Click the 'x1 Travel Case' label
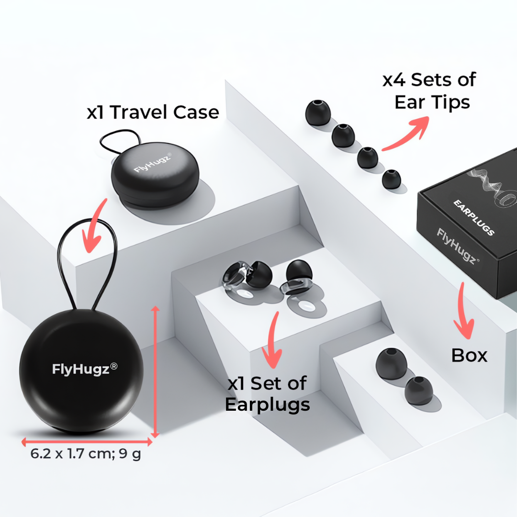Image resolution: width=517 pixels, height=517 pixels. tap(153, 112)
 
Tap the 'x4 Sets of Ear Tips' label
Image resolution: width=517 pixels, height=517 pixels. tap(429, 91)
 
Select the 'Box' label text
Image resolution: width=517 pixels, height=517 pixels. tap(469, 356)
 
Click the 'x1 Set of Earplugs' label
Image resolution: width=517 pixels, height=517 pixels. tap(267, 394)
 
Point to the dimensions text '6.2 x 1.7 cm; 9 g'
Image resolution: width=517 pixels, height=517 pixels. tap(86, 454)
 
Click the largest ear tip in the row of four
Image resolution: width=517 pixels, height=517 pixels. tap(318, 113)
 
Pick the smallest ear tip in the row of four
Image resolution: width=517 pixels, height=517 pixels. tap(391, 179)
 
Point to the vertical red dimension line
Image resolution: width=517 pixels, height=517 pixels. tap(155, 371)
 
